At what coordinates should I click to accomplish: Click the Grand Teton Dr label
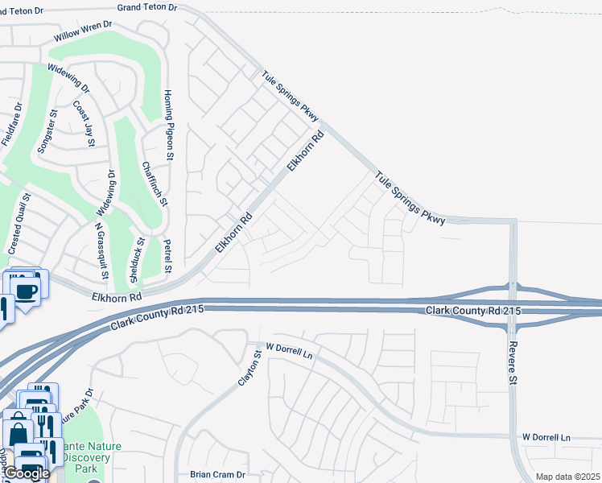click(146, 6)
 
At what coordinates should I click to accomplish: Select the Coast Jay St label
click(85, 123)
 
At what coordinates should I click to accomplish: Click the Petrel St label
click(168, 256)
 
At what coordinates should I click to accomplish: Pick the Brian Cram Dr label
click(216, 475)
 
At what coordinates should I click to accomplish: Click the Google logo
click(27, 473)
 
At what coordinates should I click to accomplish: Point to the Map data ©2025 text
click(567, 477)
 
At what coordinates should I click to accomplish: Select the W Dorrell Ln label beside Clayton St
click(288, 348)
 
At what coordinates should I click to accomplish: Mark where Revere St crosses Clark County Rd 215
click(513, 309)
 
